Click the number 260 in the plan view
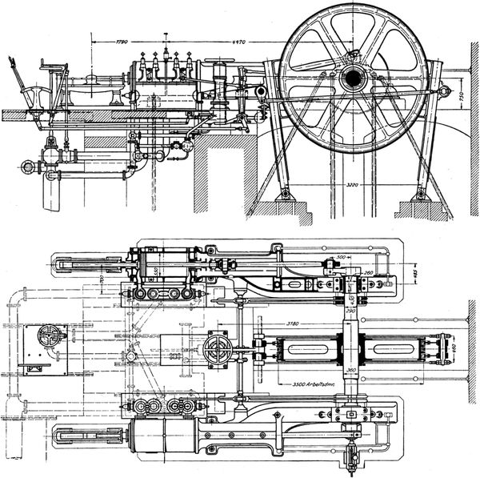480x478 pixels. tap(368, 273)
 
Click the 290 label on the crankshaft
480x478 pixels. tap(350, 313)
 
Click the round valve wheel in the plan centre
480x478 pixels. tap(217, 349)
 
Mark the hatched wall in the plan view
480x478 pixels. tap(473, 348)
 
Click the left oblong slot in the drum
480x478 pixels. tap(306, 349)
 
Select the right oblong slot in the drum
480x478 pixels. tap(393, 349)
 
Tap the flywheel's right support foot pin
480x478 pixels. tap(419, 194)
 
